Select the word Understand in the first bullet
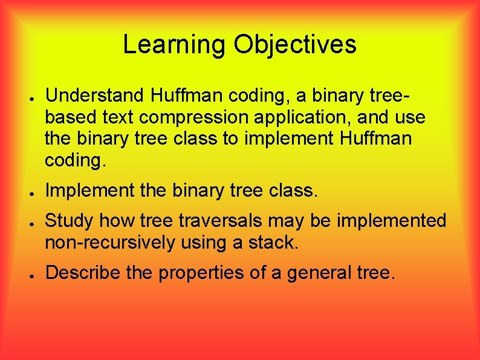point(95,95)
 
